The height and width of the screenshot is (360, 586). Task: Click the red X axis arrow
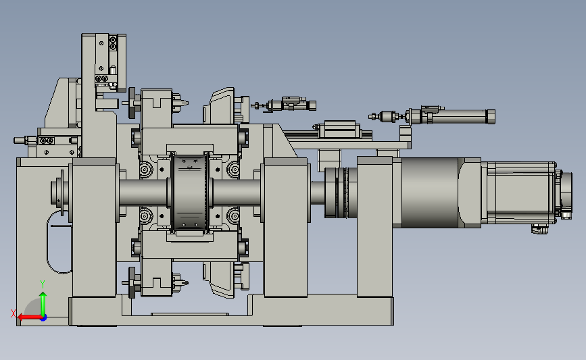point(30,317)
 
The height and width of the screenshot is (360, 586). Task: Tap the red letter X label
point(14,313)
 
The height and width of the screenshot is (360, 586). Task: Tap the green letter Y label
point(43,284)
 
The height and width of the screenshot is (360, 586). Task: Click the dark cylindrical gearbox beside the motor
point(430,192)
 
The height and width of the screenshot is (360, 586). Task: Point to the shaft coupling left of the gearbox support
point(337,192)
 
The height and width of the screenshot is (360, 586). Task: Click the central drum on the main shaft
point(189,193)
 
